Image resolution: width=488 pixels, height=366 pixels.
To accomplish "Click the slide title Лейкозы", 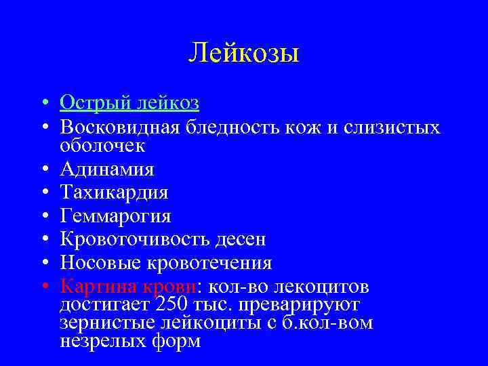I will (x=243, y=52).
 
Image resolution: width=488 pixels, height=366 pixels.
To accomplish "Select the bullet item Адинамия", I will (x=106, y=169).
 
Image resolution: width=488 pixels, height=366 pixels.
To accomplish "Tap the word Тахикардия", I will (x=114, y=192).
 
